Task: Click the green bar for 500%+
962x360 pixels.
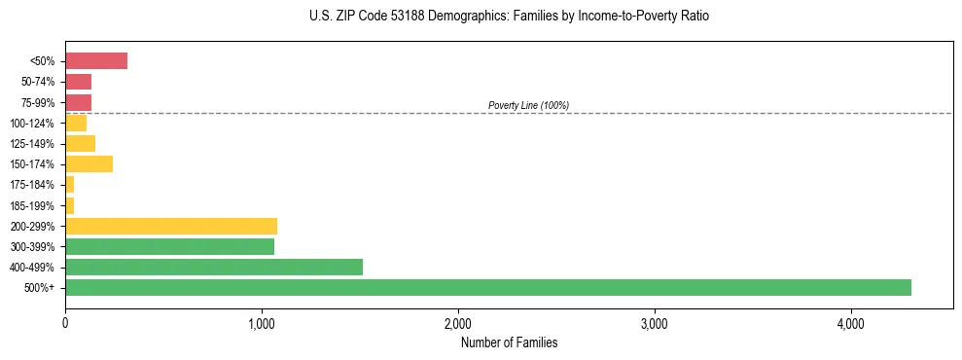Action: coord(487,287)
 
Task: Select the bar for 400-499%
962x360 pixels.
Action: coord(214,267)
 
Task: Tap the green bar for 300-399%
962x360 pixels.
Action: coord(169,246)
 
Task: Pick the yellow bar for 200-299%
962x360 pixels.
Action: coord(171,226)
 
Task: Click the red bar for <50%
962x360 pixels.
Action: coord(96,61)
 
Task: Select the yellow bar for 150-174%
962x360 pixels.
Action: coord(89,164)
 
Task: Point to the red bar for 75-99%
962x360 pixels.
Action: coord(78,102)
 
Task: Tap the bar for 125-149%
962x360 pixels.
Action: coord(80,143)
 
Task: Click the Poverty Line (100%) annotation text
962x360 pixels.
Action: coord(528,105)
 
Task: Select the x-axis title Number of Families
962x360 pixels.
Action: coord(509,342)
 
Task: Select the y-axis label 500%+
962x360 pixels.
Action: coord(42,288)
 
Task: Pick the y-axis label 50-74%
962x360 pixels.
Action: coord(38,82)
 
